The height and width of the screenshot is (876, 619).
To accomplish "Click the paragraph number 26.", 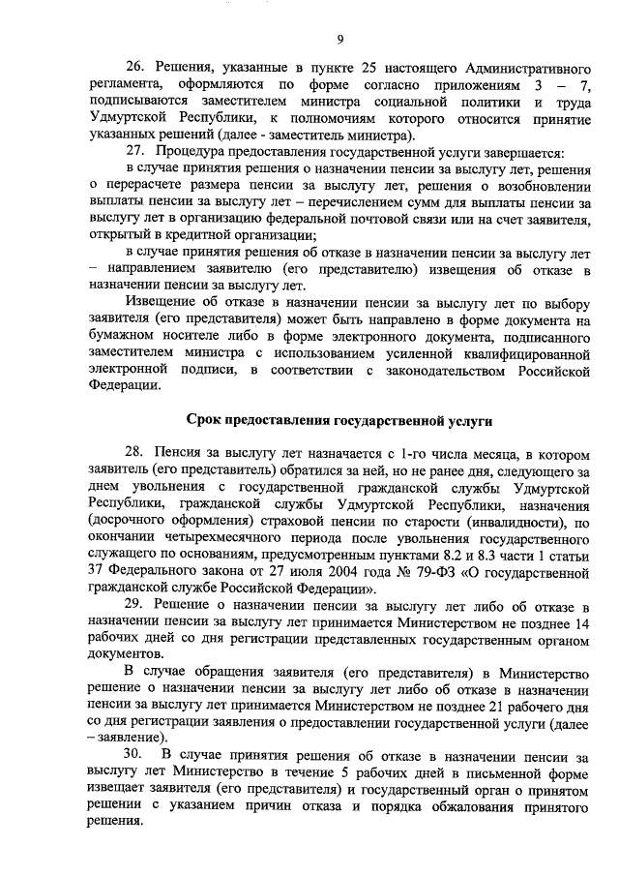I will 136,67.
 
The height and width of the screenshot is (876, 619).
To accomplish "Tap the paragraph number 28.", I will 136,452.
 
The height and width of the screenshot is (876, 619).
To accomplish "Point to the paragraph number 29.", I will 136,603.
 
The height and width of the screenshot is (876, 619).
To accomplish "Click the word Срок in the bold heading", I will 204,420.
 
